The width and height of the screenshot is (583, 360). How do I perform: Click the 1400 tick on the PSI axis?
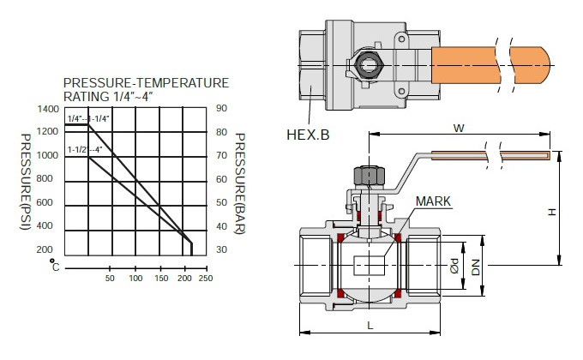[x=48, y=109]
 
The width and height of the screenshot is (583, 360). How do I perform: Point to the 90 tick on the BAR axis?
[x=221, y=108]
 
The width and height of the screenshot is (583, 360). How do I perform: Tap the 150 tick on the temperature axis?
[x=161, y=279]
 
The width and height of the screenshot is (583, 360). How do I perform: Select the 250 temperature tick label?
[x=206, y=279]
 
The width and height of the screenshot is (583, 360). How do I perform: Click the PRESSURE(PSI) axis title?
[x=25, y=182]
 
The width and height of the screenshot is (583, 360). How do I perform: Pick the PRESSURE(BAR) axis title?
[x=240, y=183]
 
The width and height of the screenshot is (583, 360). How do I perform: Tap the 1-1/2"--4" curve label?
[x=84, y=150]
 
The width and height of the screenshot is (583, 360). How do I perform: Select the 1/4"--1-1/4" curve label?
[x=88, y=119]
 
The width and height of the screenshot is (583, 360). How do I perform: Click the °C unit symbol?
[x=55, y=265]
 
